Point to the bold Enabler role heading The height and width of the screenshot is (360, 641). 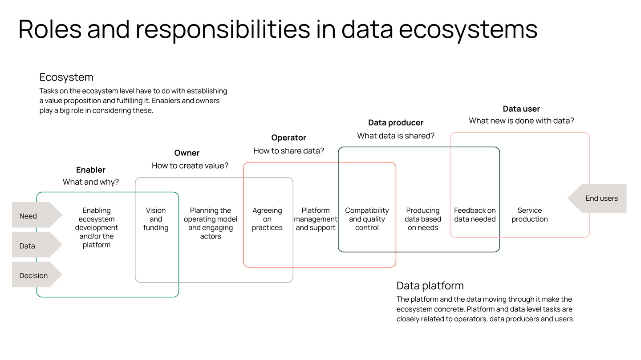[x=91, y=170]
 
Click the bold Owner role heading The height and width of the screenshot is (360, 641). [x=187, y=153]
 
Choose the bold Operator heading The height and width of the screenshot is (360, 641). [x=288, y=138]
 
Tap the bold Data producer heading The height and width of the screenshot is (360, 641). [x=396, y=123]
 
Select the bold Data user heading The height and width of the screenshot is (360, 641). [x=521, y=109]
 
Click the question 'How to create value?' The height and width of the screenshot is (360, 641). [x=190, y=166]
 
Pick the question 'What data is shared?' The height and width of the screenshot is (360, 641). [x=396, y=136]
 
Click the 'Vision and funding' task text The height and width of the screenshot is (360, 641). [x=156, y=219]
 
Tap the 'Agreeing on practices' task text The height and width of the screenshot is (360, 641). [x=267, y=219]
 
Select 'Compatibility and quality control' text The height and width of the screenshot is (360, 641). [x=367, y=219]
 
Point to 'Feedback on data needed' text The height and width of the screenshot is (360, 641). [x=475, y=214]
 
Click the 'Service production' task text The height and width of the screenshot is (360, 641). [x=529, y=214]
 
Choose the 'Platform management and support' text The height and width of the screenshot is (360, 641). [x=316, y=219]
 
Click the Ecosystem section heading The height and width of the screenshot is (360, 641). [x=66, y=77]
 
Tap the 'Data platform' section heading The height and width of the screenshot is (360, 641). [x=430, y=286]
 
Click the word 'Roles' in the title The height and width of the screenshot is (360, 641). [x=50, y=29]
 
